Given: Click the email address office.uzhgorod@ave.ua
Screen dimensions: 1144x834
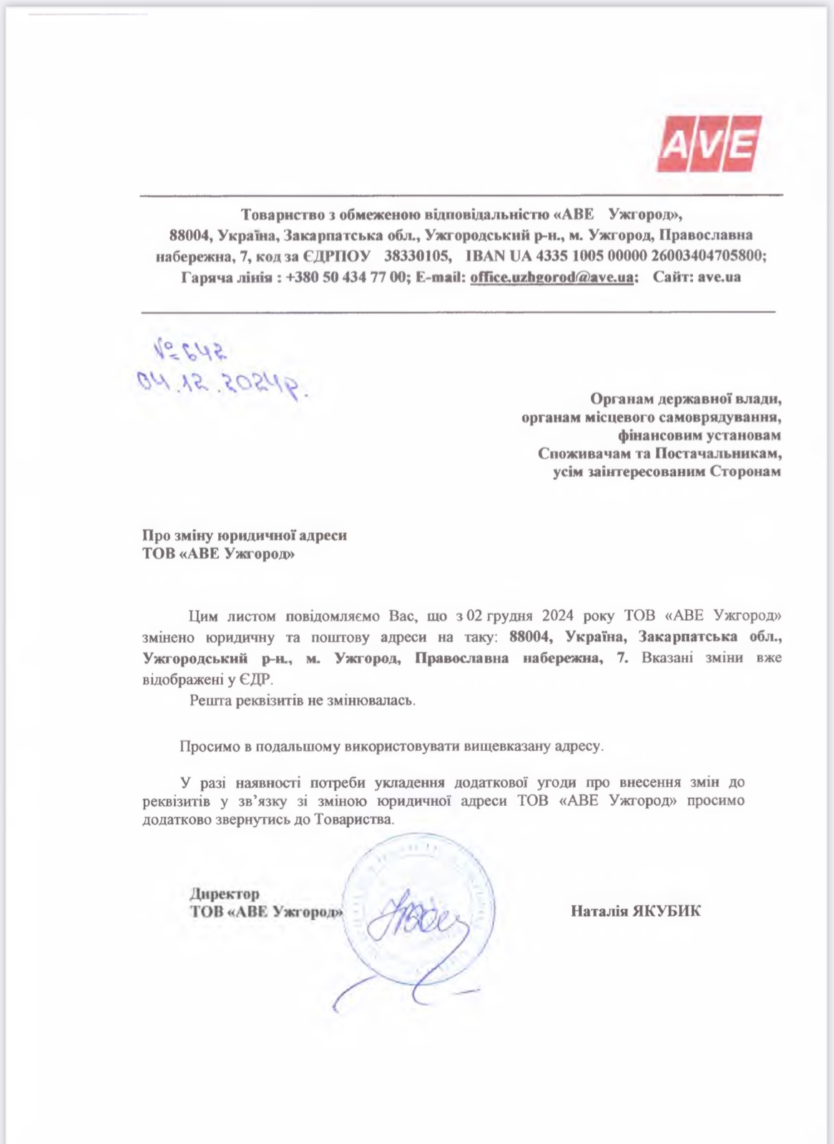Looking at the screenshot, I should pyautogui.click(x=551, y=277).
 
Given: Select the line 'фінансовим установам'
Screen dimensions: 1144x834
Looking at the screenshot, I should pyautogui.click(x=699, y=435).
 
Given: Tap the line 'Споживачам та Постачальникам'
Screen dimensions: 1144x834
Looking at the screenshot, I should pyautogui.click(x=659, y=453).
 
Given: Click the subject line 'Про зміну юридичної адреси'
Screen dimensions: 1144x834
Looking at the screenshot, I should pyautogui.click(x=245, y=535).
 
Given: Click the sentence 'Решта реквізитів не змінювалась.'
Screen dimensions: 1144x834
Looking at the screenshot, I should pyautogui.click(x=302, y=701).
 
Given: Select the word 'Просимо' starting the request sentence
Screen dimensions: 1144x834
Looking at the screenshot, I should pyautogui.click(x=207, y=746).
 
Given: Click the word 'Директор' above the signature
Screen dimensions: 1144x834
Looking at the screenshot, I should pyautogui.click(x=225, y=894).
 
